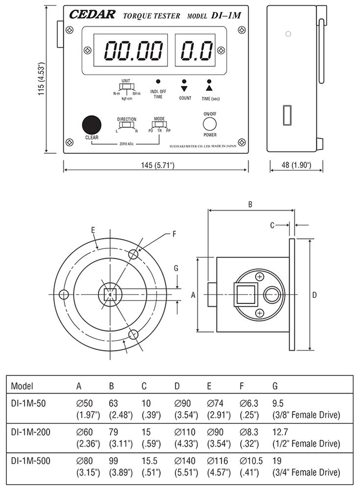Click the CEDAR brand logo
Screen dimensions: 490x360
point(93,15)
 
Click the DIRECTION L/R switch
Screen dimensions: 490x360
point(126,126)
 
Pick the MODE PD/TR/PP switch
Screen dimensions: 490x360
point(159,126)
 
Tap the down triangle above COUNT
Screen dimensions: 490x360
point(184,89)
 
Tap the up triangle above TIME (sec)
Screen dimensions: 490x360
point(209,89)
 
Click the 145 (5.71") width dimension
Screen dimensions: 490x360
point(156,165)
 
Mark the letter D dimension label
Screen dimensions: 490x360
point(315,295)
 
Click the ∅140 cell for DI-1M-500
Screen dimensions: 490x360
point(185,461)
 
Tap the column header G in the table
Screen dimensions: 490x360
point(275,385)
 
